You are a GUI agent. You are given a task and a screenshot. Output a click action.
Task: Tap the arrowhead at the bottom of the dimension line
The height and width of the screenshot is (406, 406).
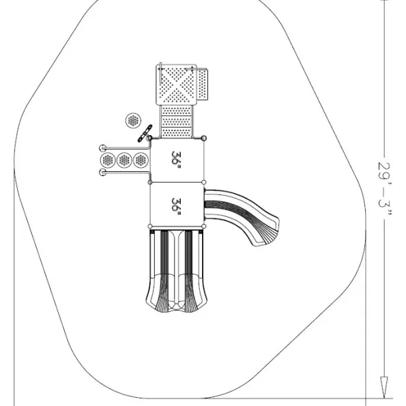[385, 387]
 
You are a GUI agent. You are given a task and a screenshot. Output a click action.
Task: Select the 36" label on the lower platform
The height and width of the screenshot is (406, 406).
[176, 206]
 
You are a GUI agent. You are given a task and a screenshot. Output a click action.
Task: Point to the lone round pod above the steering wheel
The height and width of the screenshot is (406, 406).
[133, 121]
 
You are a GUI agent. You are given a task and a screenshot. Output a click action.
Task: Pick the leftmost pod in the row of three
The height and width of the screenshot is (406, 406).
[107, 160]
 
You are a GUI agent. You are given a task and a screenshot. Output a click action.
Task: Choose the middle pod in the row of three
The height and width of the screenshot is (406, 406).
[124, 160]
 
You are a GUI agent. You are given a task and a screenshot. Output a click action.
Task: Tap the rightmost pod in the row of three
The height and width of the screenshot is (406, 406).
[141, 160]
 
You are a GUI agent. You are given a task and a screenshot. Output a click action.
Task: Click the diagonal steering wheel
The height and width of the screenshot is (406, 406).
[145, 133]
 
